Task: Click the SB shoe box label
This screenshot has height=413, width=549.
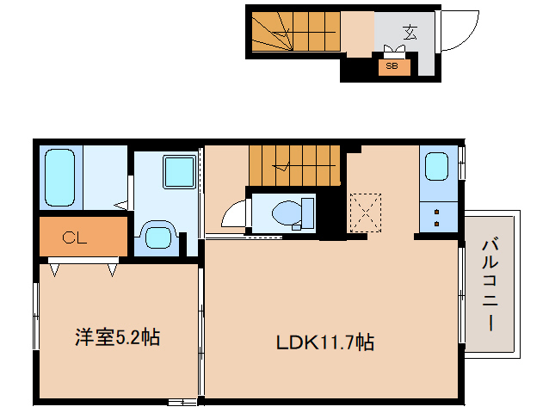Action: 392,65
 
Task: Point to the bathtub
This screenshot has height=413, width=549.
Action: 59,176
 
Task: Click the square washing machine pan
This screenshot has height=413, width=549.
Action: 180,171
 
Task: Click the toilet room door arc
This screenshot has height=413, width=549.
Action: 232,213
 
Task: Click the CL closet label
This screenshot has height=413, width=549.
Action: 75,238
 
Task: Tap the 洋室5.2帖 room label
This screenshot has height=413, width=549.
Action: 115,336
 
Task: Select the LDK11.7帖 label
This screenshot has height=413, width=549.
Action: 324,342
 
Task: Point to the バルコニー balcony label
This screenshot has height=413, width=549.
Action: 491,286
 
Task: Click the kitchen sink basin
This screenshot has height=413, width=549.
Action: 436,165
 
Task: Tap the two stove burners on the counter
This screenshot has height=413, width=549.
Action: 436,217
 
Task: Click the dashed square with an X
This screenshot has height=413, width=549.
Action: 364,211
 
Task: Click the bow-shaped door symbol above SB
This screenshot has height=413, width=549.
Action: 399,50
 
